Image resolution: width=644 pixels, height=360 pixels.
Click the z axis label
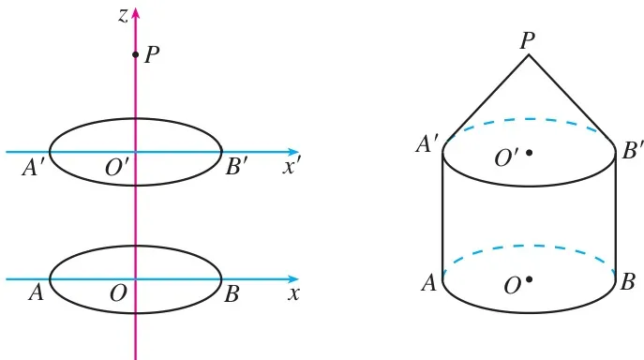pos(123,16)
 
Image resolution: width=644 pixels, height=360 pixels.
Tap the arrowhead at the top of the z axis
pos(136,13)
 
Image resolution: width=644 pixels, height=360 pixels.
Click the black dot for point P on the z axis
pos(135,54)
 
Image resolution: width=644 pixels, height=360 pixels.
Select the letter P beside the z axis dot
pos(152,54)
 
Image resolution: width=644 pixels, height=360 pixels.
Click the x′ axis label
pos(292,167)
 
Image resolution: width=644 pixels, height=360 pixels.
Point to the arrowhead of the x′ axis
pos(293,152)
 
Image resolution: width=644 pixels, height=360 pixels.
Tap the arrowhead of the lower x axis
pos(293,279)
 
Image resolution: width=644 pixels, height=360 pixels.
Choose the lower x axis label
pos(293,294)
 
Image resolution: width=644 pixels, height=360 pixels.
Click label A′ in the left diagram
pos(33,167)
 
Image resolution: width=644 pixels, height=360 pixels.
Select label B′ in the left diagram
pos(236,167)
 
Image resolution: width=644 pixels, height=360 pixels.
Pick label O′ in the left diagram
pos(117,167)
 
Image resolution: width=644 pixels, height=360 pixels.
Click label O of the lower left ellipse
pos(118,293)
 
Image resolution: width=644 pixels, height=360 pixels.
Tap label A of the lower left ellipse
pos(37,293)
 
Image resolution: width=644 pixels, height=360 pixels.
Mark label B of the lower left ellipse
pos(232,294)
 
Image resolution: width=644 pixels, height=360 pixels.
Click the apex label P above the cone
pos(528,40)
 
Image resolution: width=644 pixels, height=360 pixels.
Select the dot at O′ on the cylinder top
pos(530,153)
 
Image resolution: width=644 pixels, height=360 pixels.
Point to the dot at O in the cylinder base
pos(530,279)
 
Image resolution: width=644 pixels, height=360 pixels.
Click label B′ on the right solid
pos(633,150)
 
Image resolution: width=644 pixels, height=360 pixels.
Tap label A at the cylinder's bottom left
pos(428,283)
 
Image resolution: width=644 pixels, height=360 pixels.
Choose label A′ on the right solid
pos(427,144)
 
